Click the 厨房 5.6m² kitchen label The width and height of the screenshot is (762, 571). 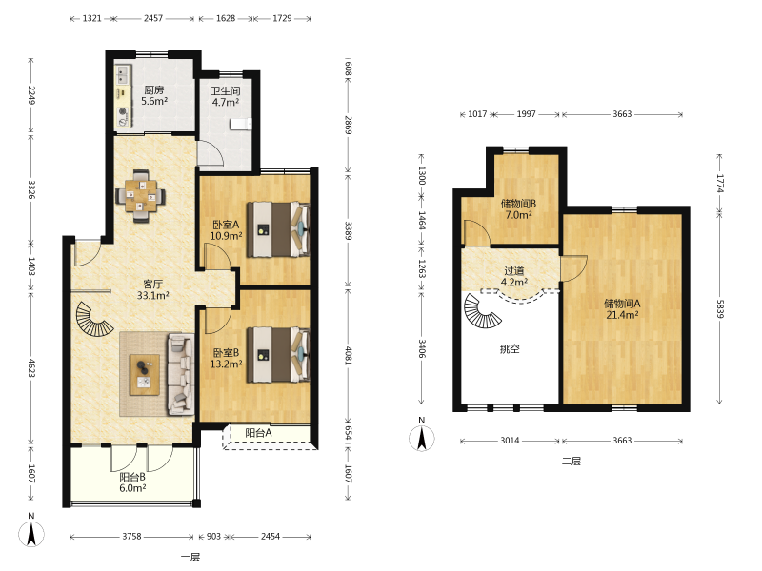click(x=154, y=96)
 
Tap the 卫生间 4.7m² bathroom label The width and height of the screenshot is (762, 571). click(x=226, y=97)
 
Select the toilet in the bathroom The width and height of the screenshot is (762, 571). click(x=241, y=125)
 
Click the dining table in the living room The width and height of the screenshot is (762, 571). click(x=140, y=196)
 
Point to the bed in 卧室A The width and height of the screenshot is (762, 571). click(x=278, y=229)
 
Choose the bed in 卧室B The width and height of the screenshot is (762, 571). click(x=278, y=354)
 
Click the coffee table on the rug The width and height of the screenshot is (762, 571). click(x=145, y=374)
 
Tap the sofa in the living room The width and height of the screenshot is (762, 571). click(x=180, y=374)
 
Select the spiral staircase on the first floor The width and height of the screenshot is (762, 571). click(x=93, y=319)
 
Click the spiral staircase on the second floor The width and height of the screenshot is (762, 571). click(x=481, y=311)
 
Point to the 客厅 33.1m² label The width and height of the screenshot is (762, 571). click(x=153, y=289)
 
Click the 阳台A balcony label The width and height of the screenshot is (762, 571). click(x=258, y=433)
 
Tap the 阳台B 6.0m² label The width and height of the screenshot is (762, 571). click(x=132, y=482)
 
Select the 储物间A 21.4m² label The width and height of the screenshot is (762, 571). click(x=622, y=309)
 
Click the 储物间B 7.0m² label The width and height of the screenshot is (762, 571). click(x=518, y=209)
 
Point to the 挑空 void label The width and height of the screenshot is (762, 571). click(x=510, y=348)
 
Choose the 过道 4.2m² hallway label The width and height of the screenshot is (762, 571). click(x=514, y=276)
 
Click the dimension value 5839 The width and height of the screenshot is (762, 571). click(x=720, y=308)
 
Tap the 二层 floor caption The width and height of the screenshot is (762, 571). click(x=571, y=461)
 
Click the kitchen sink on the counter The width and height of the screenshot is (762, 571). click(x=122, y=73)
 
